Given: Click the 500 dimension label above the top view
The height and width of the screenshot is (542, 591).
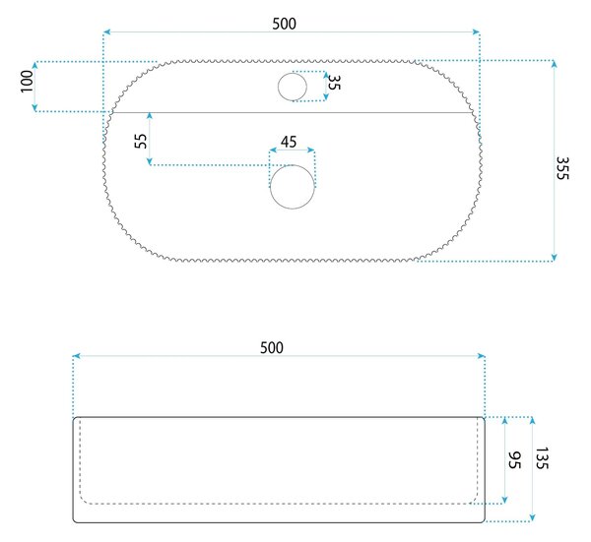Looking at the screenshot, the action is coord(285,24).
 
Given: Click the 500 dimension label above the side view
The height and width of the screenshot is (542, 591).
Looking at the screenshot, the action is coord(272,348).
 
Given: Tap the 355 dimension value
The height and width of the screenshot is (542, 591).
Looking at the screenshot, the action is coord(562,168).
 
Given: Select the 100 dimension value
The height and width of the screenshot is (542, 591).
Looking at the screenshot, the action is coord(27,81).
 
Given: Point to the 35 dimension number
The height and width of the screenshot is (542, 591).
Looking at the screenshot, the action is coord(334,83).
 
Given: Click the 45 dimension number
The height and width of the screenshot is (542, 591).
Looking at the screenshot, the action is coord(289,142).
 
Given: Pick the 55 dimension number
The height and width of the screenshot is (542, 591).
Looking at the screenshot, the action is coord(141,141).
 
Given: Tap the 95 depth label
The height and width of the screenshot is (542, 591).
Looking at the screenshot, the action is coord(514,460).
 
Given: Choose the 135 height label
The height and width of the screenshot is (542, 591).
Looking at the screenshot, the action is coord(542,458).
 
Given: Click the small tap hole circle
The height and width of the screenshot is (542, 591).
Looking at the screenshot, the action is coord(293,87).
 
